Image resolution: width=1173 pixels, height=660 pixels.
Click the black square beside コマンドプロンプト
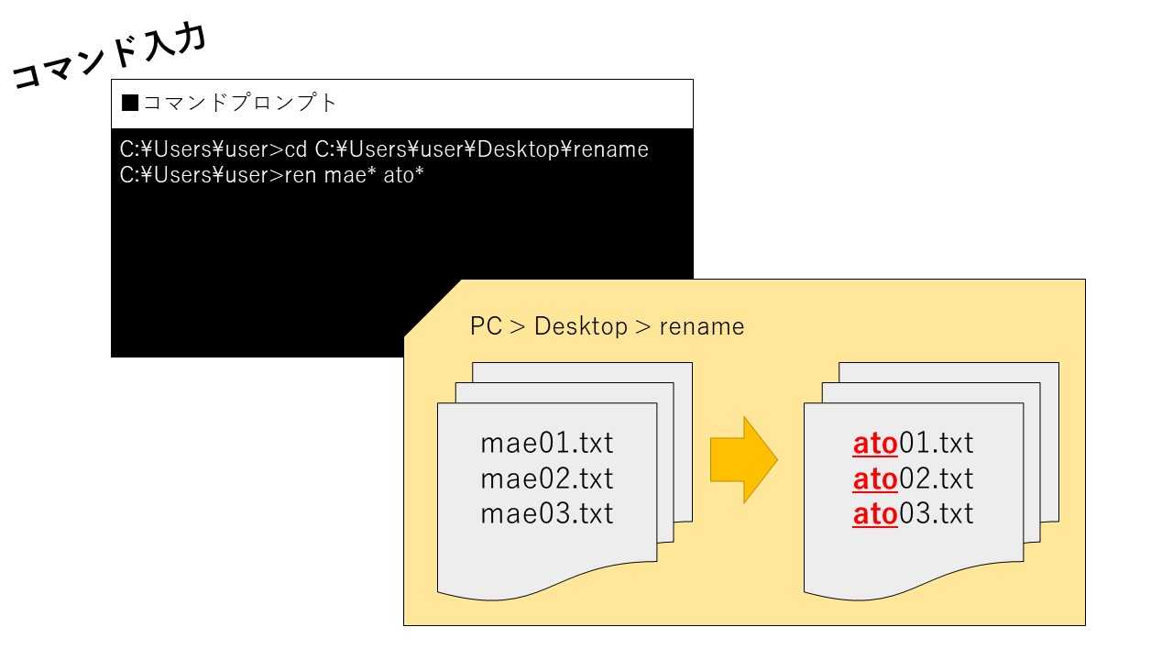click(130, 103)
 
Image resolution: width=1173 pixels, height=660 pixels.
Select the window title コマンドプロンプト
click(240, 103)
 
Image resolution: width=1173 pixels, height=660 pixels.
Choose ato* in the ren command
click(403, 175)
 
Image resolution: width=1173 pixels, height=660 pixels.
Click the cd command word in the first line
click(296, 149)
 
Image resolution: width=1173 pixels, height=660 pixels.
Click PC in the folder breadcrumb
click(486, 325)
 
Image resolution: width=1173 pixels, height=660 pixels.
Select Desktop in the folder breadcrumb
click(581, 326)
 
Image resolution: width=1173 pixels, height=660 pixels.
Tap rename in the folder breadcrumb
click(702, 327)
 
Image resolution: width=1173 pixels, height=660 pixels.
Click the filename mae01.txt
click(547, 443)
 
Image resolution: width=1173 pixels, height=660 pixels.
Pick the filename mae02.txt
click(547, 478)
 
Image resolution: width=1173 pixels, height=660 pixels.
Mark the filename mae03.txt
click(547, 513)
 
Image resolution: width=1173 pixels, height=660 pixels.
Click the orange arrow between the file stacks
click(743, 460)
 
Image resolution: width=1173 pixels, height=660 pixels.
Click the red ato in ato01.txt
click(875, 444)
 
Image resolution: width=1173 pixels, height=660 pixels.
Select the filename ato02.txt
click(913, 479)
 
